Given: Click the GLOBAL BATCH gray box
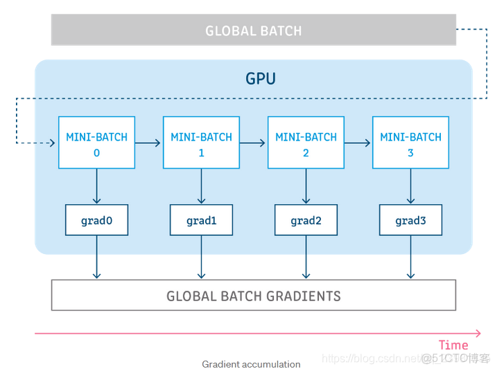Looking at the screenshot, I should [254, 30].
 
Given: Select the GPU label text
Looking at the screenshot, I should [261, 78].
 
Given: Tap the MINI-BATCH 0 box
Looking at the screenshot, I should [96, 143].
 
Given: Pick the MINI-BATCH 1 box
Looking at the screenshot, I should [201, 143].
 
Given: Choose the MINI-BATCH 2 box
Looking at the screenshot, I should [306, 143].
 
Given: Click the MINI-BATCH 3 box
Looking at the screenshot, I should [410, 143].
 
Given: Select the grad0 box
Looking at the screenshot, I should [96, 221].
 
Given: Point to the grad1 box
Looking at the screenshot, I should [201, 221].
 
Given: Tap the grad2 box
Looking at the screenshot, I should [306, 221].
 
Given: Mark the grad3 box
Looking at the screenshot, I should [410, 221].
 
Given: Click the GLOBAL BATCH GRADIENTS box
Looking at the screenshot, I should [254, 296].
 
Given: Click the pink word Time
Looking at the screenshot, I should [453, 345].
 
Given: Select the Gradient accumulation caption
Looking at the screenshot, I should [251, 364].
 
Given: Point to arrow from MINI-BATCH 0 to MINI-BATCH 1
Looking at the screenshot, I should [148, 143].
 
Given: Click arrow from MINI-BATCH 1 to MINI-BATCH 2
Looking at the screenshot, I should [253, 143].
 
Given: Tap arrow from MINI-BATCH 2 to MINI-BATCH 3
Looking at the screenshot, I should [358, 143].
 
